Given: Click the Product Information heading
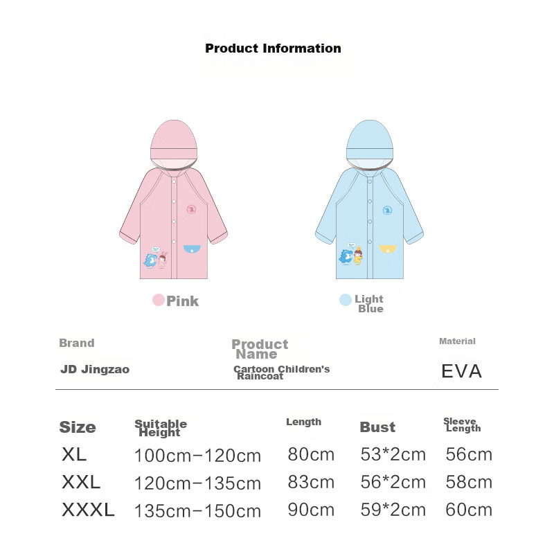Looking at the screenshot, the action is click(x=273, y=48).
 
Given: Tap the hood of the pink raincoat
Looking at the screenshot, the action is click(x=174, y=143).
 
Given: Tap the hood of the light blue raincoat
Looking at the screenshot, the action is click(x=370, y=143).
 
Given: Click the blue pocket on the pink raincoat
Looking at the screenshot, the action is click(x=192, y=249).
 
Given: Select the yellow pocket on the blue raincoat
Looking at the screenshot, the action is click(x=388, y=249).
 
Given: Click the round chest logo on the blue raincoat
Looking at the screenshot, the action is click(x=387, y=211).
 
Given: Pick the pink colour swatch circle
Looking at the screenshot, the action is click(x=159, y=300).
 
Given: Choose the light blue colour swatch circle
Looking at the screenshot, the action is click(x=345, y=300).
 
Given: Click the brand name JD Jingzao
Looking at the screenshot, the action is click(x=95, y=370).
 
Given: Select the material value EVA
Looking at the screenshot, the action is click(x=461, y=371).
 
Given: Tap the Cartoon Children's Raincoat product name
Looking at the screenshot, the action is click(x=282, y=373).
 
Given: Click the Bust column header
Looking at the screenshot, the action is click(x=377, y=427).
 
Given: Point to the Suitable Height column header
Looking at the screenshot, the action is click(x=161, y=428).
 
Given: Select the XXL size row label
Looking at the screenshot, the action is click(x=81, y=482).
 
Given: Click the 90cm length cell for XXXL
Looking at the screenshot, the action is click(x=311, y=510).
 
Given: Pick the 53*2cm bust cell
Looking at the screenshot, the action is click(x=393, y=454).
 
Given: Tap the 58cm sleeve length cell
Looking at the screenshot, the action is click(x=469, y=482).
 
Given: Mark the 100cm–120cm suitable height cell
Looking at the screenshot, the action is click(x=197, y=456).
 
